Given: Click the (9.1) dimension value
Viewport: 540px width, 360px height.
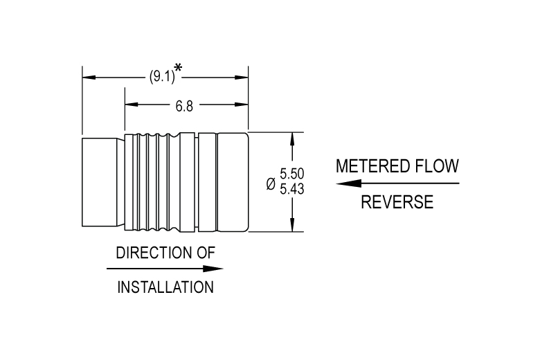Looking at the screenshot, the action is click(x=162, y=76).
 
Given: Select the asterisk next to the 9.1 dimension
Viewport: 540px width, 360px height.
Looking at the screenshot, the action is click(x=178, y=68).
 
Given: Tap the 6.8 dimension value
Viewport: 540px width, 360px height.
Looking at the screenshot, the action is click(x=184, y=107).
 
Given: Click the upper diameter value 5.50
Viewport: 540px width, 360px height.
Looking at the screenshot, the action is click(x=291, y=174).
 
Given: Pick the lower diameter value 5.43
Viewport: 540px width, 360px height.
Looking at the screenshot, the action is click(x=291, y=189).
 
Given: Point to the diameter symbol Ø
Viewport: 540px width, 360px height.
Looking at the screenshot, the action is click(x=271, y=183).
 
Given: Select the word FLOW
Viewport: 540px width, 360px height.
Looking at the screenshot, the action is click(x=437, y=166).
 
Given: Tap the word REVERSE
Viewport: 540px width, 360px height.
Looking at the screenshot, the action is click(x=397, y=202).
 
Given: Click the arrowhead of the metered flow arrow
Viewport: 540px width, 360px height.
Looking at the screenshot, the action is click(x=348, y=183).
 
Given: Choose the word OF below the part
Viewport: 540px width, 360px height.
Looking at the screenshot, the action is click(x=206, y=253).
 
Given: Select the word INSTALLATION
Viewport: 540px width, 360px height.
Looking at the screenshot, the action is click(x=165, y=287).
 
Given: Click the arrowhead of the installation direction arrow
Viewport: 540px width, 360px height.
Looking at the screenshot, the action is click(x=213, y=269).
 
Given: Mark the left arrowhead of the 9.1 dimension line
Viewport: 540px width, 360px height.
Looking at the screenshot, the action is click(x=89, y=77).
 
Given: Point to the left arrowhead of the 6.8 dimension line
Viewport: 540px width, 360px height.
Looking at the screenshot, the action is click(x=132, y=104).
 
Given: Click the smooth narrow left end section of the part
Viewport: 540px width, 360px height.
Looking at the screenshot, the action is click(x=100, y=182).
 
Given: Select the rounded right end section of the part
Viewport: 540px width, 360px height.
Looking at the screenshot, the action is click(x=233, y=182).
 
